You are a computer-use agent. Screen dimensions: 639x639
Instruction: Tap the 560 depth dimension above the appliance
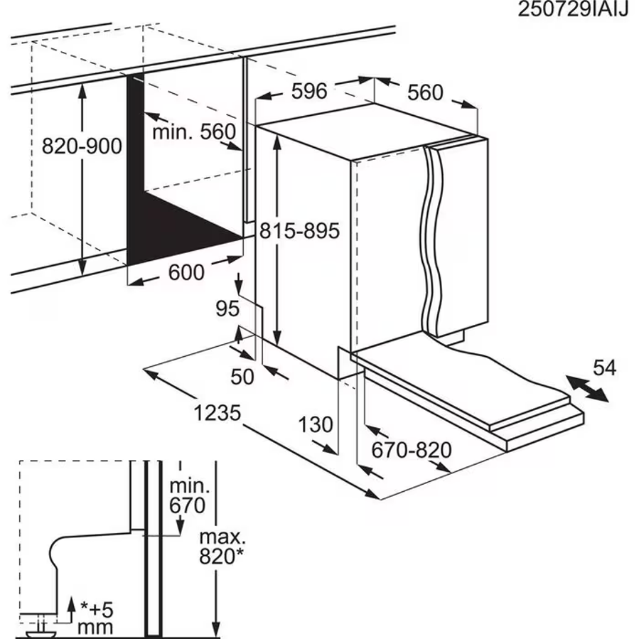pyautogui.click(x=426, y=92)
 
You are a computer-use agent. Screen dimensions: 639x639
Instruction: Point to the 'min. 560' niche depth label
pyautogui.click(x=193, y=131)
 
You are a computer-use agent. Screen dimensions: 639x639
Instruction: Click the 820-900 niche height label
pyautogui.click(x=82, y=146)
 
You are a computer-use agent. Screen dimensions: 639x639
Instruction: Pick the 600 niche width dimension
pyautogui.click(x=186, y=272)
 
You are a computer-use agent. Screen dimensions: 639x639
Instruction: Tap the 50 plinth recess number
pyautogui.click(x=242, y=376)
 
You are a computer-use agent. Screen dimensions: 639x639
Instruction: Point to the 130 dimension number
pyautogui.click(x=315, y=424)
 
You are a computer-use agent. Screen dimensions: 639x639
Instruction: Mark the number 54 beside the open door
pyautogui.click(x=604, y=368)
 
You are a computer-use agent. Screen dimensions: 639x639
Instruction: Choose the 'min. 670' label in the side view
pyautogui.click(x=188, y=496)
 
